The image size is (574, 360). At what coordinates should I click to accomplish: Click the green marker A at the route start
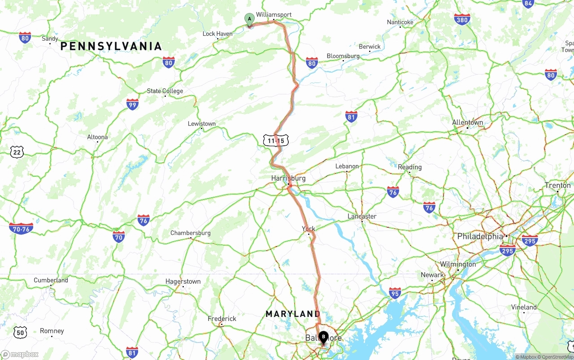coord(249,19)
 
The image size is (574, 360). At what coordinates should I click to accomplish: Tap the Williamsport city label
coord(274,15)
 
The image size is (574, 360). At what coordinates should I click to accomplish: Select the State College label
coord(165,91)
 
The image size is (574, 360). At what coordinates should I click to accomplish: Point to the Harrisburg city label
coord(288,178)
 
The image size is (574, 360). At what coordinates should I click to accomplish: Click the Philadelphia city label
coord(480,236)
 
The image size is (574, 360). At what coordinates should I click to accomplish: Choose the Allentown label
coord(467,122)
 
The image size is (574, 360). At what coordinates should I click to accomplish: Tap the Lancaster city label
coord(362,217)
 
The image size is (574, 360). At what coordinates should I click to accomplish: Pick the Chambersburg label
coord(190,233)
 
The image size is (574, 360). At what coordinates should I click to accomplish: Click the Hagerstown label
coord(183,282)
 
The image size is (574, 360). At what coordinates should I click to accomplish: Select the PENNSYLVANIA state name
coord(111,46)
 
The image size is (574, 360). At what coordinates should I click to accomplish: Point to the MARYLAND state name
coord(293,314)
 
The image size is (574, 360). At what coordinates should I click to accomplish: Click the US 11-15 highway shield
coord(276,141)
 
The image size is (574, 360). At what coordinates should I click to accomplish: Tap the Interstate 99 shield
coord(132,104)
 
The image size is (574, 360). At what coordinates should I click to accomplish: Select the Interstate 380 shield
coord(462,19)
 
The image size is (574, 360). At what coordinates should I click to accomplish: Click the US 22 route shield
coord(17,152)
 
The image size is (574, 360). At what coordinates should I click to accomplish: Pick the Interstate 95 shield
coord(395,293)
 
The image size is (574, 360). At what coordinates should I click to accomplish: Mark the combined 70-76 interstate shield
coord(21,229)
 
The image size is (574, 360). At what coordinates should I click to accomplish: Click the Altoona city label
coord(97,137)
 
